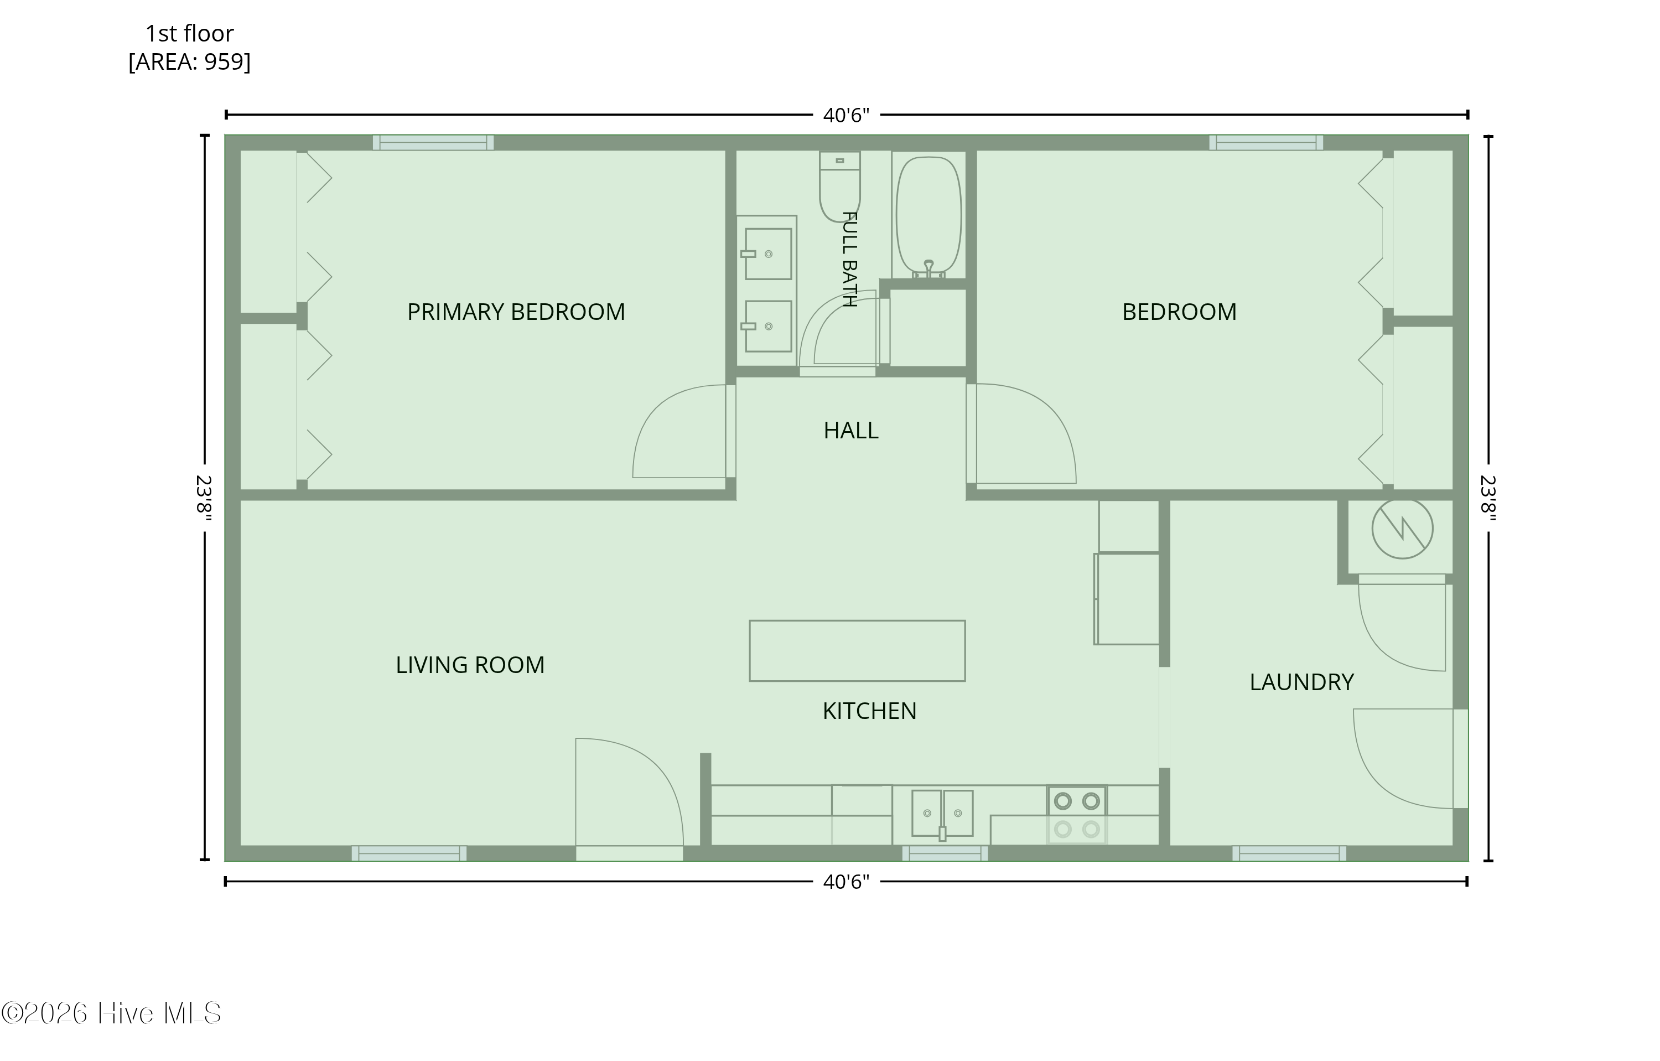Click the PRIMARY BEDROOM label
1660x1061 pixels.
516,312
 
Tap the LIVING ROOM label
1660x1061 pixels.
470,665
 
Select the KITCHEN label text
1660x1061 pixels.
869,711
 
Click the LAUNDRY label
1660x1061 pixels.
1301,682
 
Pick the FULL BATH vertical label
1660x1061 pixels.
849,258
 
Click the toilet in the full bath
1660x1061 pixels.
839,186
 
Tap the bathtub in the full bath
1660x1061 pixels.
928,216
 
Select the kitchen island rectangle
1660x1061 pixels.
857,651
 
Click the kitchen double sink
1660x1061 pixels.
942,814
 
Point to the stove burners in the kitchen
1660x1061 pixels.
1077,815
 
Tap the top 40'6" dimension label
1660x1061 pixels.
846,115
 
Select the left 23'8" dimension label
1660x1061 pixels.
204,498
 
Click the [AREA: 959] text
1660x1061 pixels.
190,62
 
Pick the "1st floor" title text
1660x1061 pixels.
190,33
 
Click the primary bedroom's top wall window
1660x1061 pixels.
433,143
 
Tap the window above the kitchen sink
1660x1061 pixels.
945,853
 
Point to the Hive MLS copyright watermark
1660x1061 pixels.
111,1013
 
